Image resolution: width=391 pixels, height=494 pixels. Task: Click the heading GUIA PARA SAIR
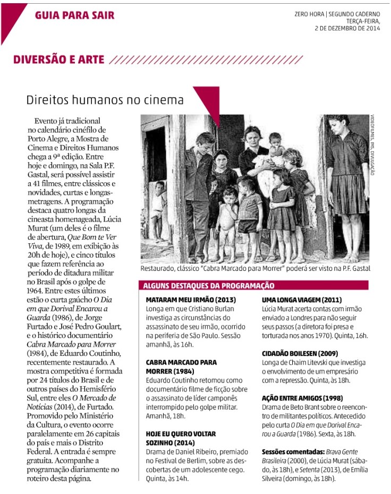coord(75,15)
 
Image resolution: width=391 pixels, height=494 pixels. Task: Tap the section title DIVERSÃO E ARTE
coord(59,59)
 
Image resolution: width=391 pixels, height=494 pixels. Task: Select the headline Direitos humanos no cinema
coord(105,100)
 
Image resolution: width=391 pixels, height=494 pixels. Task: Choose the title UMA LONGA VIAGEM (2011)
coord(302,300)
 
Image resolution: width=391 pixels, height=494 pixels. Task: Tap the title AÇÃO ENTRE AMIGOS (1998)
coord(302,398)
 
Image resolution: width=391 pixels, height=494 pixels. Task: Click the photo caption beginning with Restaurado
coord(256,269)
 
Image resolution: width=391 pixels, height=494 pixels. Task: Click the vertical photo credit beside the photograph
coord(372,146)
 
